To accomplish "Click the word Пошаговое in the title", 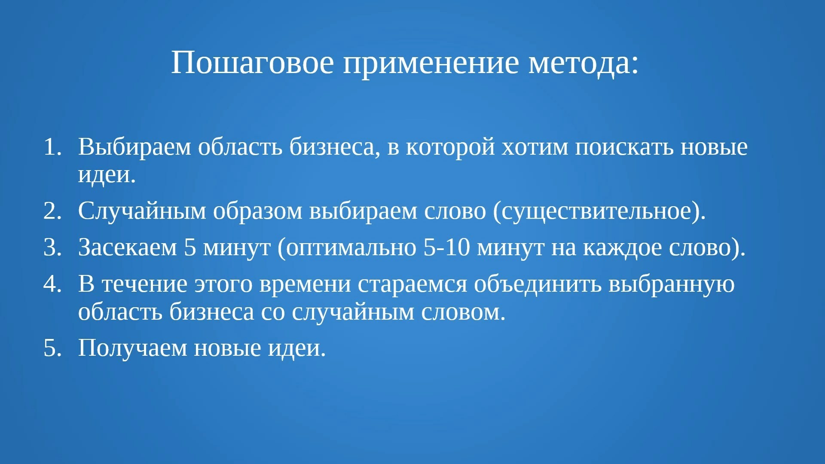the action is point(253,63).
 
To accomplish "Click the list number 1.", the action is point(52,147).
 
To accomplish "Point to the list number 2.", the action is point(52,211).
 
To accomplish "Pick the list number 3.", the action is point(52,247).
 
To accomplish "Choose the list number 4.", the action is point(52,284).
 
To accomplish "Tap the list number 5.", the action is point(52,348).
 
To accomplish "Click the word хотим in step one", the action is point(535,148).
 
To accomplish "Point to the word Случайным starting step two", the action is point(142,211).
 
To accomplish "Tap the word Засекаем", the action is point(128,247).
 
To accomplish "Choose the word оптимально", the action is point(351,248).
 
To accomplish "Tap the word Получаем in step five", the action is point(132,348).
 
